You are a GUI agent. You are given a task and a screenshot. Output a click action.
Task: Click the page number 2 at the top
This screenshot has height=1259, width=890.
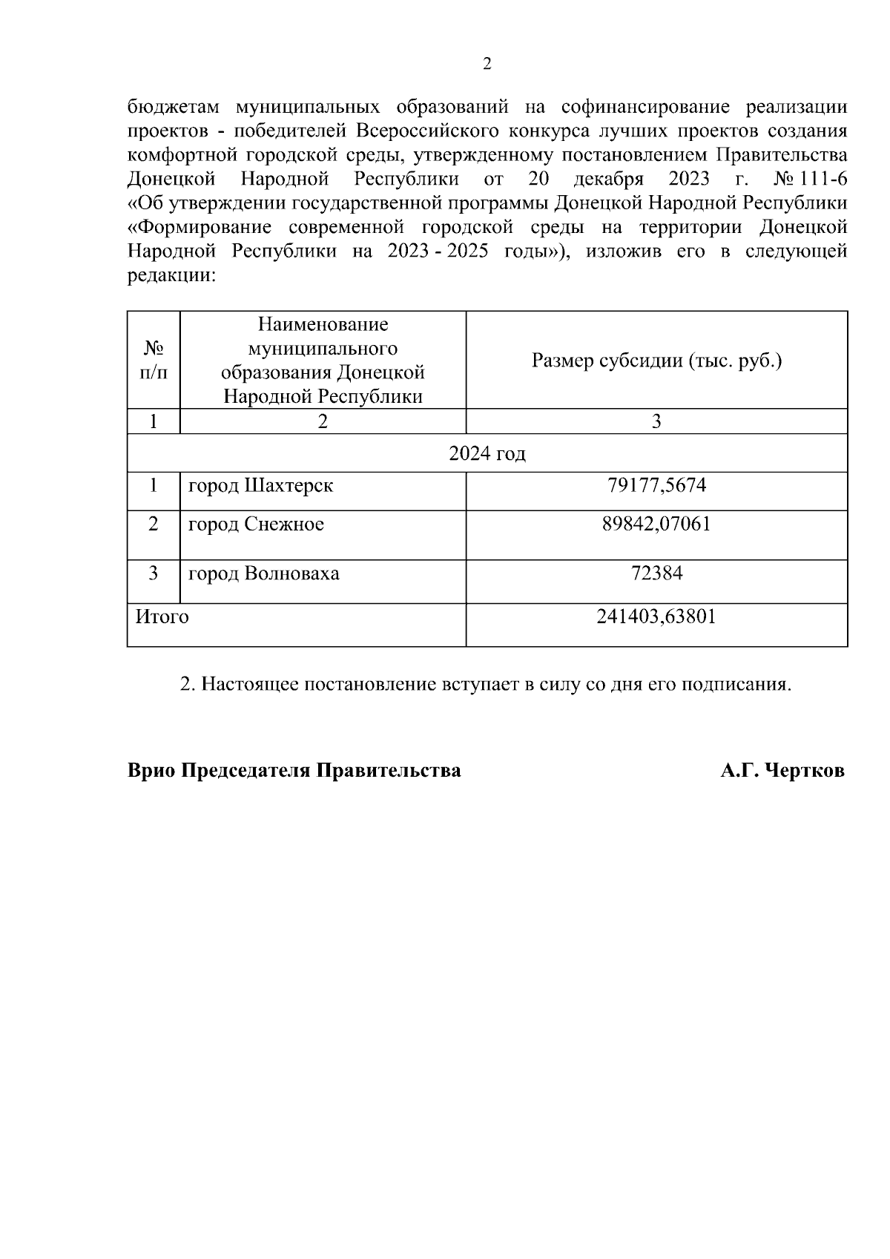tap(487, 65)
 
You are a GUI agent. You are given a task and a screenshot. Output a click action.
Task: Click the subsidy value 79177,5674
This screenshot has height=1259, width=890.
tap(656, 486)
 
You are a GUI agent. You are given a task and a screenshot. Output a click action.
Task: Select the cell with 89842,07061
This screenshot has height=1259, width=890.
tap(656, 525)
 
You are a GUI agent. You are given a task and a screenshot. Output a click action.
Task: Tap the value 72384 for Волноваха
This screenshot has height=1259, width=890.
tap(656, 573)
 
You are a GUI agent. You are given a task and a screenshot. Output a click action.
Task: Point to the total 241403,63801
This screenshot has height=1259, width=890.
tap(656, 617)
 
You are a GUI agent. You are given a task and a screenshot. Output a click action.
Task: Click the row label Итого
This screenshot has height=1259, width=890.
tap(162, 617)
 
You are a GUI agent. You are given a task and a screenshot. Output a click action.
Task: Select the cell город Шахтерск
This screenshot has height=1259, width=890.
tap(260, 486)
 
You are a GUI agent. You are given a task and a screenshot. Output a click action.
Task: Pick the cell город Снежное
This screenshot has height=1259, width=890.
tap(256, 525)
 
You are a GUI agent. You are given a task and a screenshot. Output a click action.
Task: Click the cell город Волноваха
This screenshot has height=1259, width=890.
tap(263, 573)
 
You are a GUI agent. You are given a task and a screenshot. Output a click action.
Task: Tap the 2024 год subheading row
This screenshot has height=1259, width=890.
tap(487, 453)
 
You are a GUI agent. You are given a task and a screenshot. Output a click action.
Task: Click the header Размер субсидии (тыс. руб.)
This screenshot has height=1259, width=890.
tap(656, 361)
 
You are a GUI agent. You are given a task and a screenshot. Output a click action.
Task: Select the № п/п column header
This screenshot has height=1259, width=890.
tap(154, 361)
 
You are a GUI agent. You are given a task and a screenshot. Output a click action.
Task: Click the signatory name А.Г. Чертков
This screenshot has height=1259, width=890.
tap(782, 771)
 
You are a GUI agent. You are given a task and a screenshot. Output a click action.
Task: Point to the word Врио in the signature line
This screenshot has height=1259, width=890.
tap(152, 771)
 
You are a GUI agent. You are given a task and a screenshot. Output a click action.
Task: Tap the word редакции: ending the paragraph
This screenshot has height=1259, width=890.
tap(171, 277)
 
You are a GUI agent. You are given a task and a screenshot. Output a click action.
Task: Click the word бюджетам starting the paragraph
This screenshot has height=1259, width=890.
tap(173, 107)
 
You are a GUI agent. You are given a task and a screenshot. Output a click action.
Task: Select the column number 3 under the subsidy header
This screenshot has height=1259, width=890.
tap(656, 422)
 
